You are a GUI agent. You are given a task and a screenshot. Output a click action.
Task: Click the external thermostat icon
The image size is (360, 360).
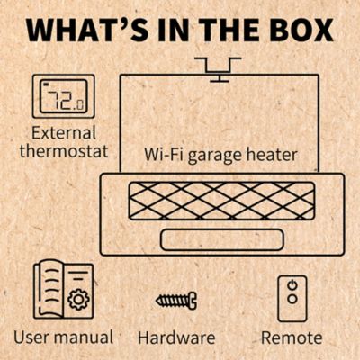pyautogui.click(x=63, y=96)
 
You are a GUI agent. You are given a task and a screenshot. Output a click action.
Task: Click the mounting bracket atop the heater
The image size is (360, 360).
pyautogui.click(x=218, y=67)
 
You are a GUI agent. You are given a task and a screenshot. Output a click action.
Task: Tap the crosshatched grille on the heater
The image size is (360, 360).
pyautogui.click(x=220, y=202)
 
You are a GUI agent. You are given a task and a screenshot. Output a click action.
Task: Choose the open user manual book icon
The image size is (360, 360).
pyautogui.click(x=63, y=290)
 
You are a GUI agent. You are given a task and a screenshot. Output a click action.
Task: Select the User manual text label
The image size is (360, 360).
pyautogui.click(x=63, y=337)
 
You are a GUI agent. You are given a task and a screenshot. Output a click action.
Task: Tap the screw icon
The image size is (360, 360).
pyautogui.click(x=175, y=299)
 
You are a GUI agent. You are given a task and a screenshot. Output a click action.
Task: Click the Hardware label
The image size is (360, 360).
pyautogui.click(x=176, y=337)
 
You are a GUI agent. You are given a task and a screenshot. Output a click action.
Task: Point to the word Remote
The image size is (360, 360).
pyautogui.click(x=291, y=337)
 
